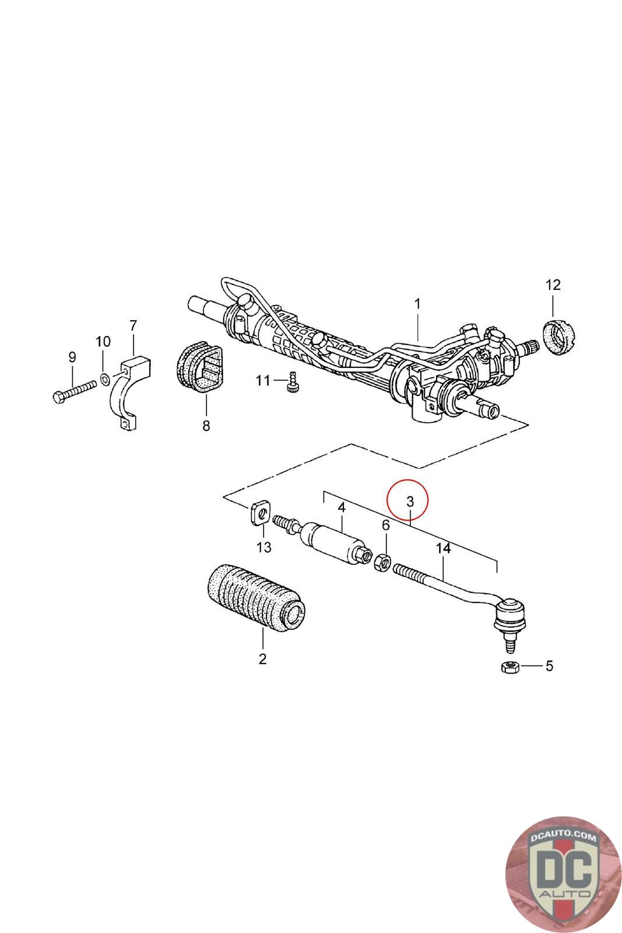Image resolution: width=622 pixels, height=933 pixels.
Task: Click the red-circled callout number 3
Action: pyautogui.click(x=409, y=501)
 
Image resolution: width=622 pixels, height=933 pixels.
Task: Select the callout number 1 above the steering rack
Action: pyautogui.click(x=417, y=304)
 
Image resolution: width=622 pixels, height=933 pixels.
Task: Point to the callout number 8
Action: pyautogui.click(x=206, y=426)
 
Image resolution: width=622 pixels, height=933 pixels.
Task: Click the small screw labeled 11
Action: pyautogui.click(x=293, y=384)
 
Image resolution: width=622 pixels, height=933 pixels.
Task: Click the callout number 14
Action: pyautogui.click(x=444, y=549)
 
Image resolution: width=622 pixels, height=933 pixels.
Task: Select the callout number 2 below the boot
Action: pyautogui.click(x=262, y=659)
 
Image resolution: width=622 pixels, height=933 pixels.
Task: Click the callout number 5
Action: pyautogui.click(x=549, y=666)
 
